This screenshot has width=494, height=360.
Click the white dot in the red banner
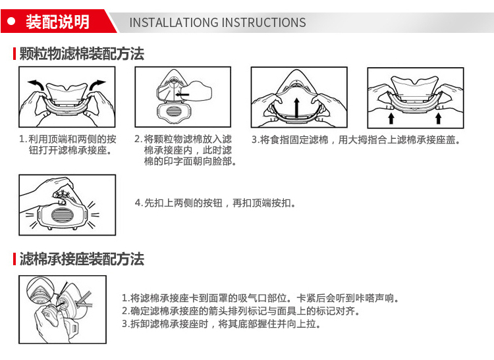(x=11, y=22)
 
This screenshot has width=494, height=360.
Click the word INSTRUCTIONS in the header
(x=263, y=22)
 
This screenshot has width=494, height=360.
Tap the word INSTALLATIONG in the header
(x=174, y=22)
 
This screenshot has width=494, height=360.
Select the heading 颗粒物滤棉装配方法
(x=82, y=54)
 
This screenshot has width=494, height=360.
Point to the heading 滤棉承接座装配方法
(x=82, y=259)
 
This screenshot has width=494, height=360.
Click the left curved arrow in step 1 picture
(x=36, y=85)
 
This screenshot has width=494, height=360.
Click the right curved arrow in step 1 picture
(x=97, y=85)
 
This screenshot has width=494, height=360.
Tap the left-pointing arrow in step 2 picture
(x=182, y=94)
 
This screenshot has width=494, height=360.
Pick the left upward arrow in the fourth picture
(x=391, y=118)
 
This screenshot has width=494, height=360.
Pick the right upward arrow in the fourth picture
(x=438, y=118)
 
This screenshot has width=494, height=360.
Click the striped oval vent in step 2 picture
(x=173, y=112)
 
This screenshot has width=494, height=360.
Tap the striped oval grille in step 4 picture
(x=62, y=215)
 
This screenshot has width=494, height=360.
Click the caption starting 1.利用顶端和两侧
(x=68, y=144)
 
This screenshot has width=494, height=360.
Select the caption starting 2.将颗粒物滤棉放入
(x=186, y=150)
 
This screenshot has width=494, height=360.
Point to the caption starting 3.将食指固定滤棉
(x=356, y=140)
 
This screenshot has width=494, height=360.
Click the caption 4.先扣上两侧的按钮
(x=215, y=203)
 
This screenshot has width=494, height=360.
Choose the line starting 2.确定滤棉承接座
(x=241, y=311)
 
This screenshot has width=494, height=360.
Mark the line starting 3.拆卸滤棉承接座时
(x=221, y=324)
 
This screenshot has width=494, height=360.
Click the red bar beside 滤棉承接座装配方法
(x=14, y=259)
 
